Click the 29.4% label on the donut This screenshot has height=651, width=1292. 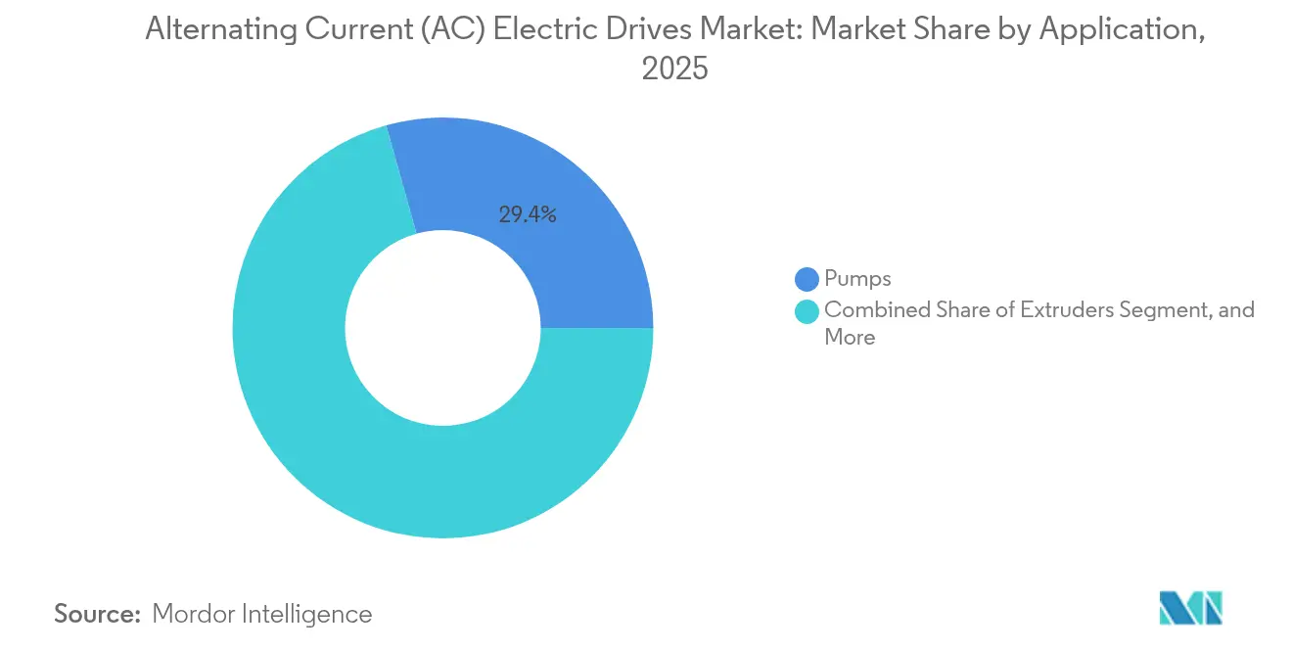click(x=528, y=215)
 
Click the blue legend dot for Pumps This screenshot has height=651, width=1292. click(x=807, y=280)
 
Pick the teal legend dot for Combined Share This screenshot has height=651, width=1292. click(x=807, y=311)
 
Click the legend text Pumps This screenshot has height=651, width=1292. click(x=857, y=280)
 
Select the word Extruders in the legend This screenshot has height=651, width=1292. click(x=1065, y=310)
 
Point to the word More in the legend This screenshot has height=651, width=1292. click(x=850, y=338)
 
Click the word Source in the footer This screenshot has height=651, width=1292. click(x=97, y=614)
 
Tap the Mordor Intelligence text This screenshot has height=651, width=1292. click(x=262, y=614)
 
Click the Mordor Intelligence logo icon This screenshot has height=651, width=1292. click(x=1190, y=608)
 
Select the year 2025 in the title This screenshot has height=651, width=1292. click(x=674, y=70)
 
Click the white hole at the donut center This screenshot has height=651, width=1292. click(x=442, y=329)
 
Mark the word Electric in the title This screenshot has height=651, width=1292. click(x=556, y=30)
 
